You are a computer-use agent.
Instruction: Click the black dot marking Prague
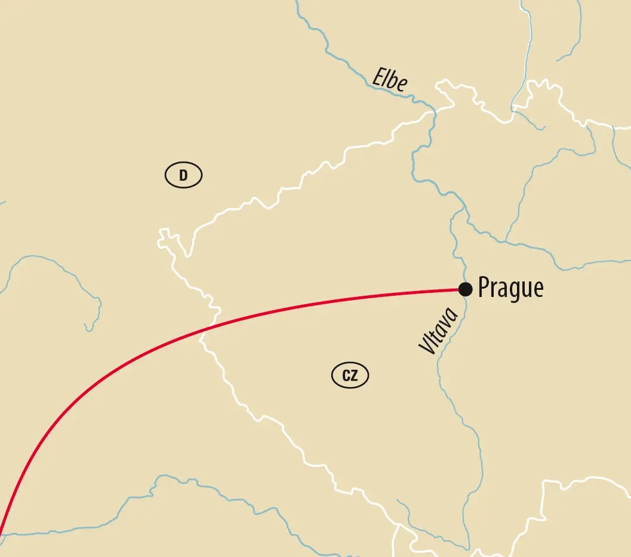click(466, 289)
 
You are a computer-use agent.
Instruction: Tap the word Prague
click(511, 289)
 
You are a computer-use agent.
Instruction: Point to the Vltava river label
click(438, 330)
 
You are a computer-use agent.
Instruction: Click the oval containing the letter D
click(183, 175)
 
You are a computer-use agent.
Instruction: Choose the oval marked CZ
click(350, 376)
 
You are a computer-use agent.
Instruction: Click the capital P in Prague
click(484, 287)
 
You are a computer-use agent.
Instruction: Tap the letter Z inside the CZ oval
click(355, 376)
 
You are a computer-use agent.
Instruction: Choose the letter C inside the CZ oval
click(346, 376)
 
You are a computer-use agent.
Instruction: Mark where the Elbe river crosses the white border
click(434, 111)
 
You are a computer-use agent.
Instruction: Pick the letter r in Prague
click(494, 289)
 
